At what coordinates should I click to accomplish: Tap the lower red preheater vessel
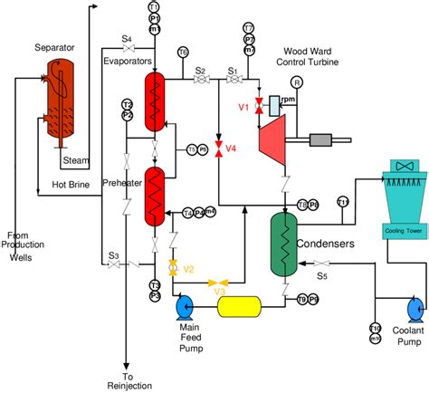point(158,195)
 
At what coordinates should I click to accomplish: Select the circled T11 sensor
point(342,201)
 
